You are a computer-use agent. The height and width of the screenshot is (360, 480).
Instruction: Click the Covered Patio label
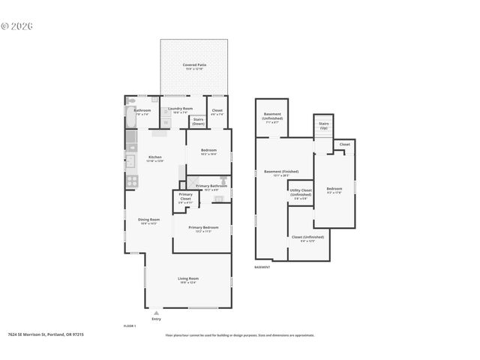(x=195, y=65)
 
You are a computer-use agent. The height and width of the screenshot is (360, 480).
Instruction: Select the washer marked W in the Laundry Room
(x=166, y=122)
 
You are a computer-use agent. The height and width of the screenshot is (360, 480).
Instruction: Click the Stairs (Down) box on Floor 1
(x=199, y=121)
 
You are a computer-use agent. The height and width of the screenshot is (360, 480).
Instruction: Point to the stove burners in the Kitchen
(x=130, y=180)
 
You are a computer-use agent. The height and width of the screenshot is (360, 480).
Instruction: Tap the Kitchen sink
(x=130, y=159)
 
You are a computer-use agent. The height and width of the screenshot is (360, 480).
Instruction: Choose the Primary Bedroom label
(x=203, y=227)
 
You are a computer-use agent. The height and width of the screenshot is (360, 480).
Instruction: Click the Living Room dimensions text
(x=188, y=282)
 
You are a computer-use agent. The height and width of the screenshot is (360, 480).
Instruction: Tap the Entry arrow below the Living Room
(x=156, y=312)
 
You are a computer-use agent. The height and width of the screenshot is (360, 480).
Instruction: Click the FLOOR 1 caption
(x=130, y=326)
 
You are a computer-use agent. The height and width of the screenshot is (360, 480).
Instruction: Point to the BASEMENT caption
(x=262, y=267)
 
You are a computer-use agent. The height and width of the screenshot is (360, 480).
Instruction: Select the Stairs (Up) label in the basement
(x=324, y=124)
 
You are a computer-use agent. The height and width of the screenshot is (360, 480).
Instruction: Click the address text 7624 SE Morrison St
(x=46, y=335)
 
